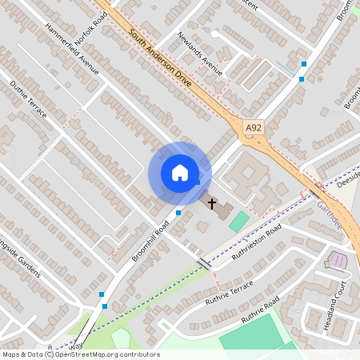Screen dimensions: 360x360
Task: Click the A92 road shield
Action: [x=254, y=127]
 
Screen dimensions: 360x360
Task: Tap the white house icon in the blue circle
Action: [x=180, y=172]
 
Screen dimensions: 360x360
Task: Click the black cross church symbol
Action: [x=212, y=204]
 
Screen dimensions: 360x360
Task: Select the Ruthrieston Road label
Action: [x=258, y=243]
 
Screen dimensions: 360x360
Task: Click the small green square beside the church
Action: [x=239, y=222]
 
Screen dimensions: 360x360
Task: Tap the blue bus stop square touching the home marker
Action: [x=197, y=182]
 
